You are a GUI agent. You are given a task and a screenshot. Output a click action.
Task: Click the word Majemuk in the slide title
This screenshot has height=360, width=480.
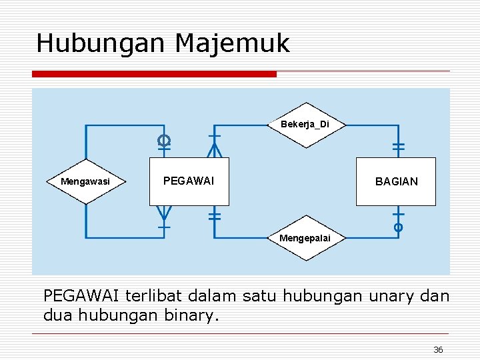pos(233,44)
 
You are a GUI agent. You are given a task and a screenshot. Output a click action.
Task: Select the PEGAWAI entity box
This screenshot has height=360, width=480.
pos(189,181)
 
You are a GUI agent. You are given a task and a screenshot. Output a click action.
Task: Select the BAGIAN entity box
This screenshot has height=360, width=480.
pos(396,181)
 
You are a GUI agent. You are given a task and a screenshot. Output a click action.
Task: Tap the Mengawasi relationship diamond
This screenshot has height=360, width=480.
pos(85,181)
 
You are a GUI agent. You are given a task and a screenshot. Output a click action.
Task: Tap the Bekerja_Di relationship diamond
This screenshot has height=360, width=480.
pos(305,125)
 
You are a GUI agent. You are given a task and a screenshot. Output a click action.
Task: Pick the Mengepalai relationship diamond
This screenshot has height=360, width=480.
pos(305,238)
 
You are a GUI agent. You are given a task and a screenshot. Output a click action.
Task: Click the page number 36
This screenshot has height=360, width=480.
pos(438,350)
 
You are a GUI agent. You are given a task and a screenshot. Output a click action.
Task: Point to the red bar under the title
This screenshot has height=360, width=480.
pos(154,74)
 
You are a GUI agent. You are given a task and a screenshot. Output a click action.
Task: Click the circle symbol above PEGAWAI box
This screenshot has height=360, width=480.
pos(164,140)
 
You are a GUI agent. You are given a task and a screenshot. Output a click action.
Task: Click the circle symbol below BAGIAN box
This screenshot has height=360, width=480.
pos(398,227)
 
